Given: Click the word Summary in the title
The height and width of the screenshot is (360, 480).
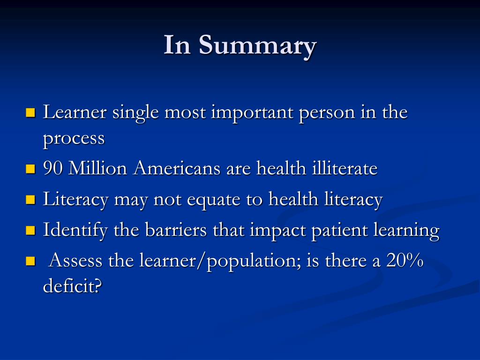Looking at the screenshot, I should [x=257, y=46].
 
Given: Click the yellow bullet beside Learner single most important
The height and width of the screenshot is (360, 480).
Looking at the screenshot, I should [x=31, y=113].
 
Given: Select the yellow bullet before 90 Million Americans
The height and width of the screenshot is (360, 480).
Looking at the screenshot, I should [x=31, y=169].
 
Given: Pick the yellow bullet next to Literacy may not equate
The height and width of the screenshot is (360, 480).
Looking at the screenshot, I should [x=31, y=200].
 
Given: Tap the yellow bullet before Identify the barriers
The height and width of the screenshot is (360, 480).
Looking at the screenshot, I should [x=31, y=231].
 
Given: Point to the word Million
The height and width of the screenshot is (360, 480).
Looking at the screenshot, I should [x=98, y=169].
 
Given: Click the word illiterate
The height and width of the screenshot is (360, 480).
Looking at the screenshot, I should [x=345, y=169].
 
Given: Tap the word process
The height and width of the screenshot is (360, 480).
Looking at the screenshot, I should [x=74, y=139].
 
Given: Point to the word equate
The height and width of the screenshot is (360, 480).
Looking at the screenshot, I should [x=213, y=200].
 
